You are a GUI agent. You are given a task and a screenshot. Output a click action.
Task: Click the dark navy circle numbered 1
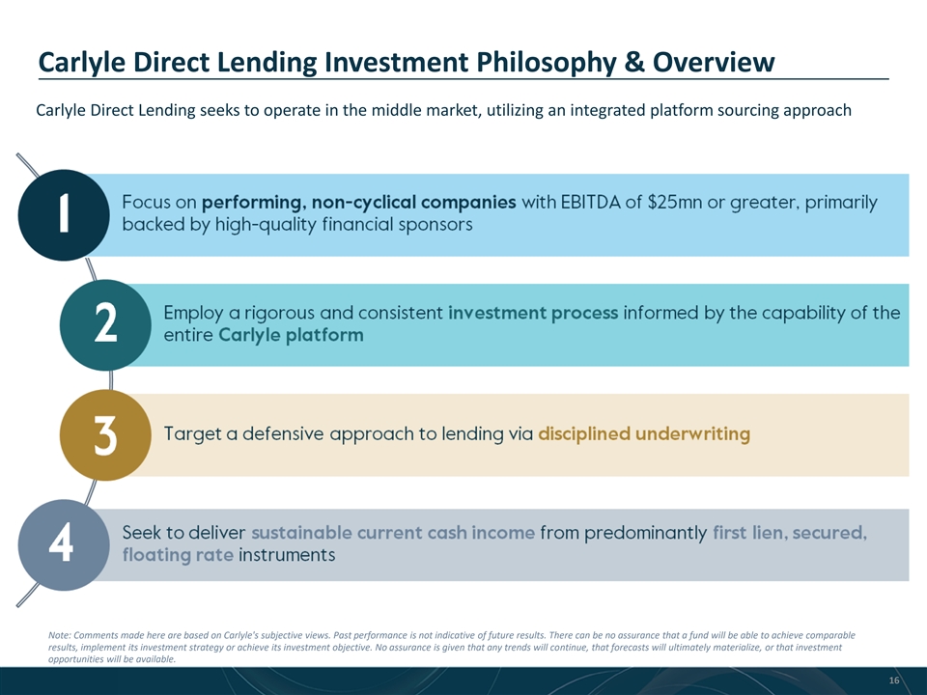point(64,215)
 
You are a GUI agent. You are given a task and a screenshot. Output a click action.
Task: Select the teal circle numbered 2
point(105,325)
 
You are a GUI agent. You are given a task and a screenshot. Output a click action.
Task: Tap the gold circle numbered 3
point(105,435)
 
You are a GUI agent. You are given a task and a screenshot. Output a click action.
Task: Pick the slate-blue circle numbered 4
point(64,544)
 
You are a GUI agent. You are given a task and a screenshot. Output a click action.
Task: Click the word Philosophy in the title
point(545,63)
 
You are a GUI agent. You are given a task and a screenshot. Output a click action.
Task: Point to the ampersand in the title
point(633,62)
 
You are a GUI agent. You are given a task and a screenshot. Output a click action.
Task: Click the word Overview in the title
point(714,62)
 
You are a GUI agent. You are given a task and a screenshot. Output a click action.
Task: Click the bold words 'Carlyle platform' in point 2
point(291,335)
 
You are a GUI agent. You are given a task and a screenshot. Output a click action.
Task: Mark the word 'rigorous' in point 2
point(280,313)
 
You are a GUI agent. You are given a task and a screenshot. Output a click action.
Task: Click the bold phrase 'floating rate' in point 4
point(178,555)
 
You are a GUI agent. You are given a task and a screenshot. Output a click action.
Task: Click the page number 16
point(894,681)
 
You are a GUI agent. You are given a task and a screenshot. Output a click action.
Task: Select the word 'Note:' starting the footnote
point(59,635)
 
